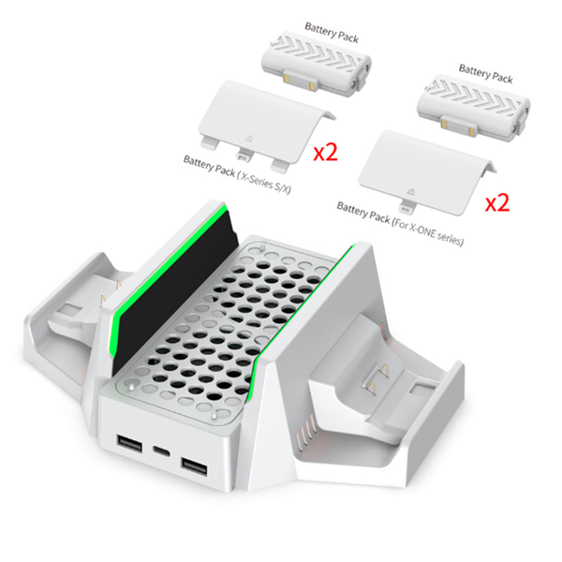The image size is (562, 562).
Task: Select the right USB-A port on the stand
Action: [x=194, y=467]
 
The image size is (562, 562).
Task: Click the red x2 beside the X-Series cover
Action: [x=325, y=153]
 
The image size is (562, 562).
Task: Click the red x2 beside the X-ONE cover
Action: [x=497, y=203]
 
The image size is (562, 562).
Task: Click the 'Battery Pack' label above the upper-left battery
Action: [x=332, y=33]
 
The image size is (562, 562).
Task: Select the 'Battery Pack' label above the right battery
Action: [x=485, y=74]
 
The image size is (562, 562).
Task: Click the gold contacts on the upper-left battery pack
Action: [x=300, y=82]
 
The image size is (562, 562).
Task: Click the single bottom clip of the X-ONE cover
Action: [x=406, y=208]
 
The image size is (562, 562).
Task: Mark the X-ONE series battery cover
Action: [x=428, y=173]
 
